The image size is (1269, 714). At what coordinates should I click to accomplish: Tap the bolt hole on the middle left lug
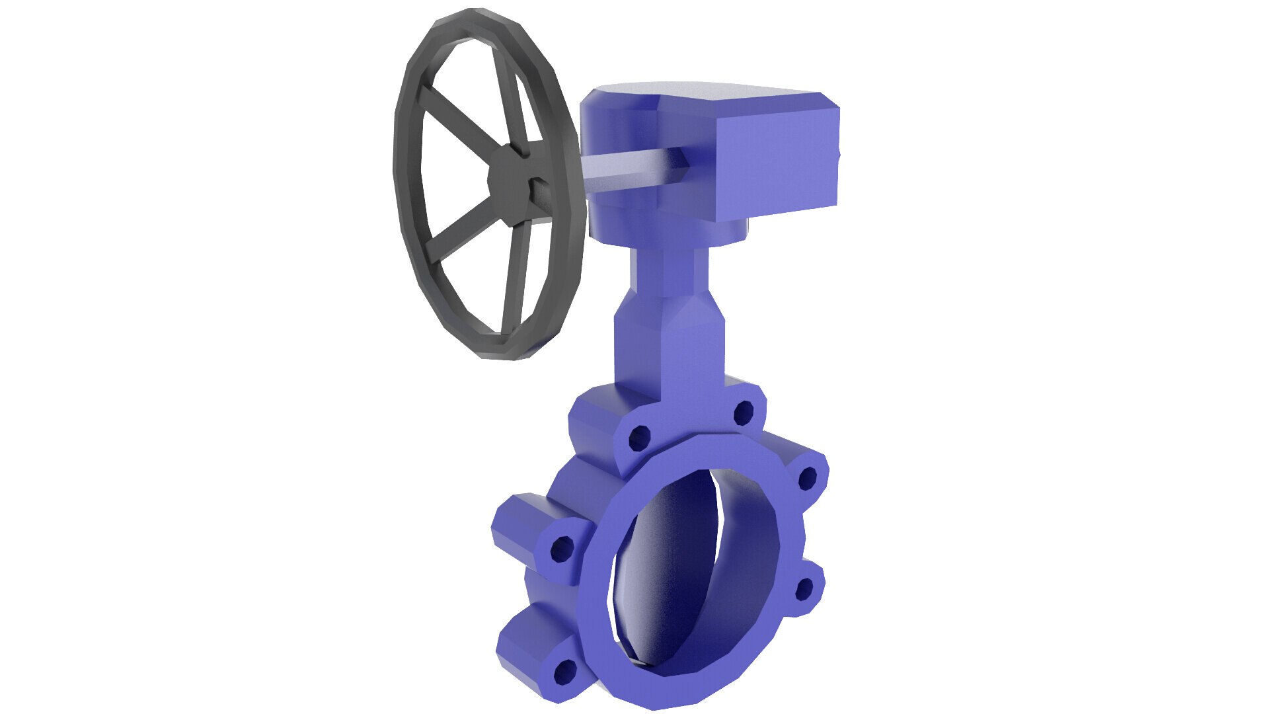coord(562,547)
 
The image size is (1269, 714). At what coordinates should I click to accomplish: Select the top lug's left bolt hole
coord(639,437)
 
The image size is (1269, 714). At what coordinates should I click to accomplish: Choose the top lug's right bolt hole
coord(744,413)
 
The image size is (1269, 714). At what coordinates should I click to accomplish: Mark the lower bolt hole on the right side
coord(804,588)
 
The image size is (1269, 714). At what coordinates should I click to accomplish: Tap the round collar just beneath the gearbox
coord(681,235)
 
